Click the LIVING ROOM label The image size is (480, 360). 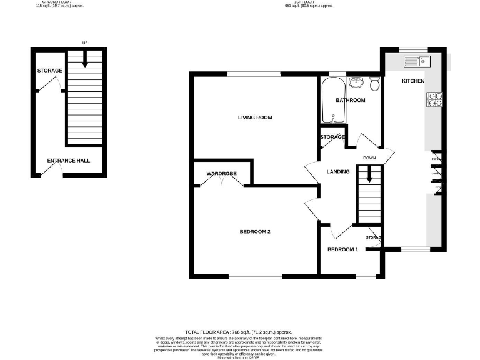point(255,117)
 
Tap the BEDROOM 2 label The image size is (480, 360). point(255,232)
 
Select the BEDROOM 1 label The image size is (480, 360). point(343,250)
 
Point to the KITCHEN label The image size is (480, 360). point(413,81)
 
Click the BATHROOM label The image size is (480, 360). point(350,100)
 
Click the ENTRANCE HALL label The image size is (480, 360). point(69,161)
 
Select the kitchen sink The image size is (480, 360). point(415,61)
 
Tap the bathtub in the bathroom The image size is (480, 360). point(329,100)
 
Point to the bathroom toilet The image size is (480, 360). point(374,84)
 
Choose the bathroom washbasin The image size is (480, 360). point(356,82)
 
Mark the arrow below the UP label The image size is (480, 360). point(85,61)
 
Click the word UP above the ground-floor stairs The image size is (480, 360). point(85,43)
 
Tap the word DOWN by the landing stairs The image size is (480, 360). point(369,157)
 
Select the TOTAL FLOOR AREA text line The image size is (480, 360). point(239,332)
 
